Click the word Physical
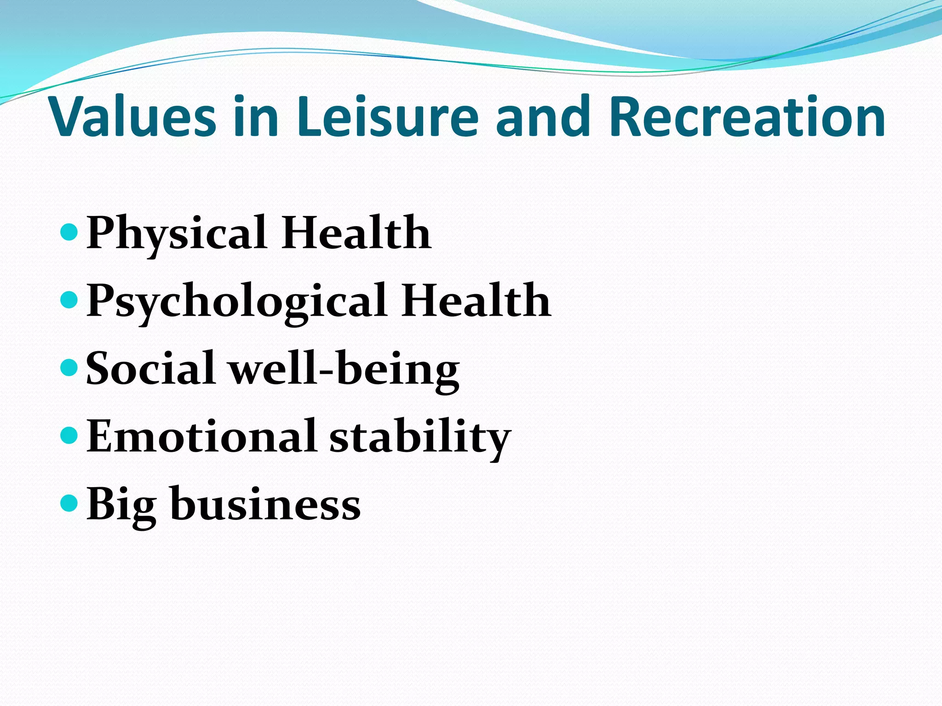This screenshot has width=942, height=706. (177, 233)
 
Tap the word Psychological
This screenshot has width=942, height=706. (236, 301)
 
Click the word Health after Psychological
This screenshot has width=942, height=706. (476, 301)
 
